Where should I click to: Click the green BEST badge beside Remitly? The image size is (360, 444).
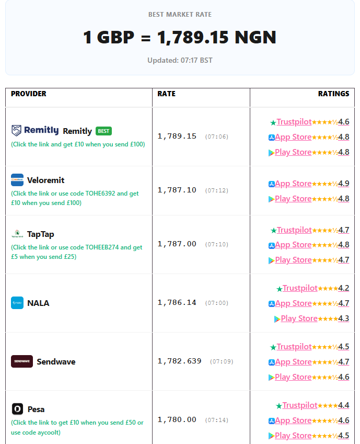tap(103, 131)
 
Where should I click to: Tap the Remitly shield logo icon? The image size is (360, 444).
tap(16, 130)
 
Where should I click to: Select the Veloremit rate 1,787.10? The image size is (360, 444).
tap(177, 190)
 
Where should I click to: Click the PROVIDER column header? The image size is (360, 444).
tap(29, 94)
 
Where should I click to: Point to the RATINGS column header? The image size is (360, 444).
tap(334, 94)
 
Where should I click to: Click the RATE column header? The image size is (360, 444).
tap(166, 94)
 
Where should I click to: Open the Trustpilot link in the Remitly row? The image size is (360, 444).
tap(294, 122)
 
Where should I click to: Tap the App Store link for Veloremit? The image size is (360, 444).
tap(293, 184)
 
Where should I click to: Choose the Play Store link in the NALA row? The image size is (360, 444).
tap(299, 318)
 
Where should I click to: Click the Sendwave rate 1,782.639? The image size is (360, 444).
tap(179, 361)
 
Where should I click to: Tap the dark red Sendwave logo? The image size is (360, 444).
tap(22, 361)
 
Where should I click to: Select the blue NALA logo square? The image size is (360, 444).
tap(17, 303)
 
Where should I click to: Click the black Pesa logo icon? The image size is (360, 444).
tap(17, 409)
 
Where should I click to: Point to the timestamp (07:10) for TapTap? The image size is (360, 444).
tap(217, 244)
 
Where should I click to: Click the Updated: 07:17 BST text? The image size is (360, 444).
tap(180, 60)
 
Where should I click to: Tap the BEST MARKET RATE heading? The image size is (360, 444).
tap(180, 15)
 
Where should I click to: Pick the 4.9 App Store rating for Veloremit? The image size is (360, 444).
tap(344, 184)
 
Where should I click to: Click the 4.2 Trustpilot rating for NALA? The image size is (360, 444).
tap(344, 288)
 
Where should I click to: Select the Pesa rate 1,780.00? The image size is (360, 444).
tap(177, 419)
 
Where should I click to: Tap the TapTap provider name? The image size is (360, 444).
tap(40, 234)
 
